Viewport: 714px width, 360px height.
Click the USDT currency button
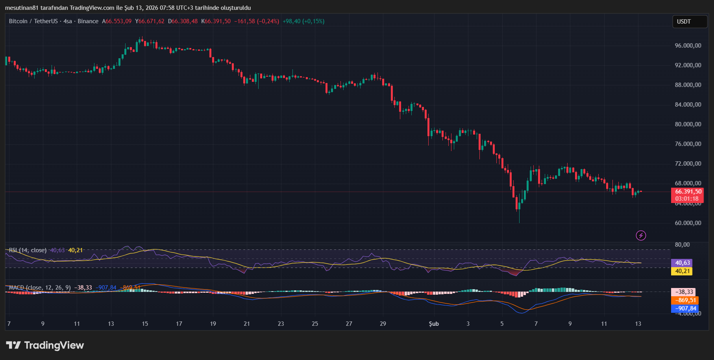(689, 22)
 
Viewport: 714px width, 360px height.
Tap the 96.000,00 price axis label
(688, 46)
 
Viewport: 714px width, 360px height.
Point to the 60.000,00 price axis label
(688, 223)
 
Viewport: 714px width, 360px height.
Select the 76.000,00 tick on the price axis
(688, 144)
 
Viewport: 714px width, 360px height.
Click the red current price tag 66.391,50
(688, 192)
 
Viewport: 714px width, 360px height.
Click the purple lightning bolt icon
(641, 236)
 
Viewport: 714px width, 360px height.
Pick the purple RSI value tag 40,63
(683, 263)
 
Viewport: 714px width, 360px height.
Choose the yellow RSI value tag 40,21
(683, 271)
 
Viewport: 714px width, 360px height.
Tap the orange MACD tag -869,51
(685, 300)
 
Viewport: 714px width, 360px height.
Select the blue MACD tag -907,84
(685, 308)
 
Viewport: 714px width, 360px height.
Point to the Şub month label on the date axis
(434, 324)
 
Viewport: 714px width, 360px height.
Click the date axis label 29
(383, 324)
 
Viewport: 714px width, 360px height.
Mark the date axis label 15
(145, 324)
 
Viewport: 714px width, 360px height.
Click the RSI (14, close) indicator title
(28, 250)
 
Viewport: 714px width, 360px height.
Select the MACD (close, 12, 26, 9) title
(40, 288)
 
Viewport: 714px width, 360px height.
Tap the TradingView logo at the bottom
(45, 345)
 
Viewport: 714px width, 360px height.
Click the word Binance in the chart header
(88, 21)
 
